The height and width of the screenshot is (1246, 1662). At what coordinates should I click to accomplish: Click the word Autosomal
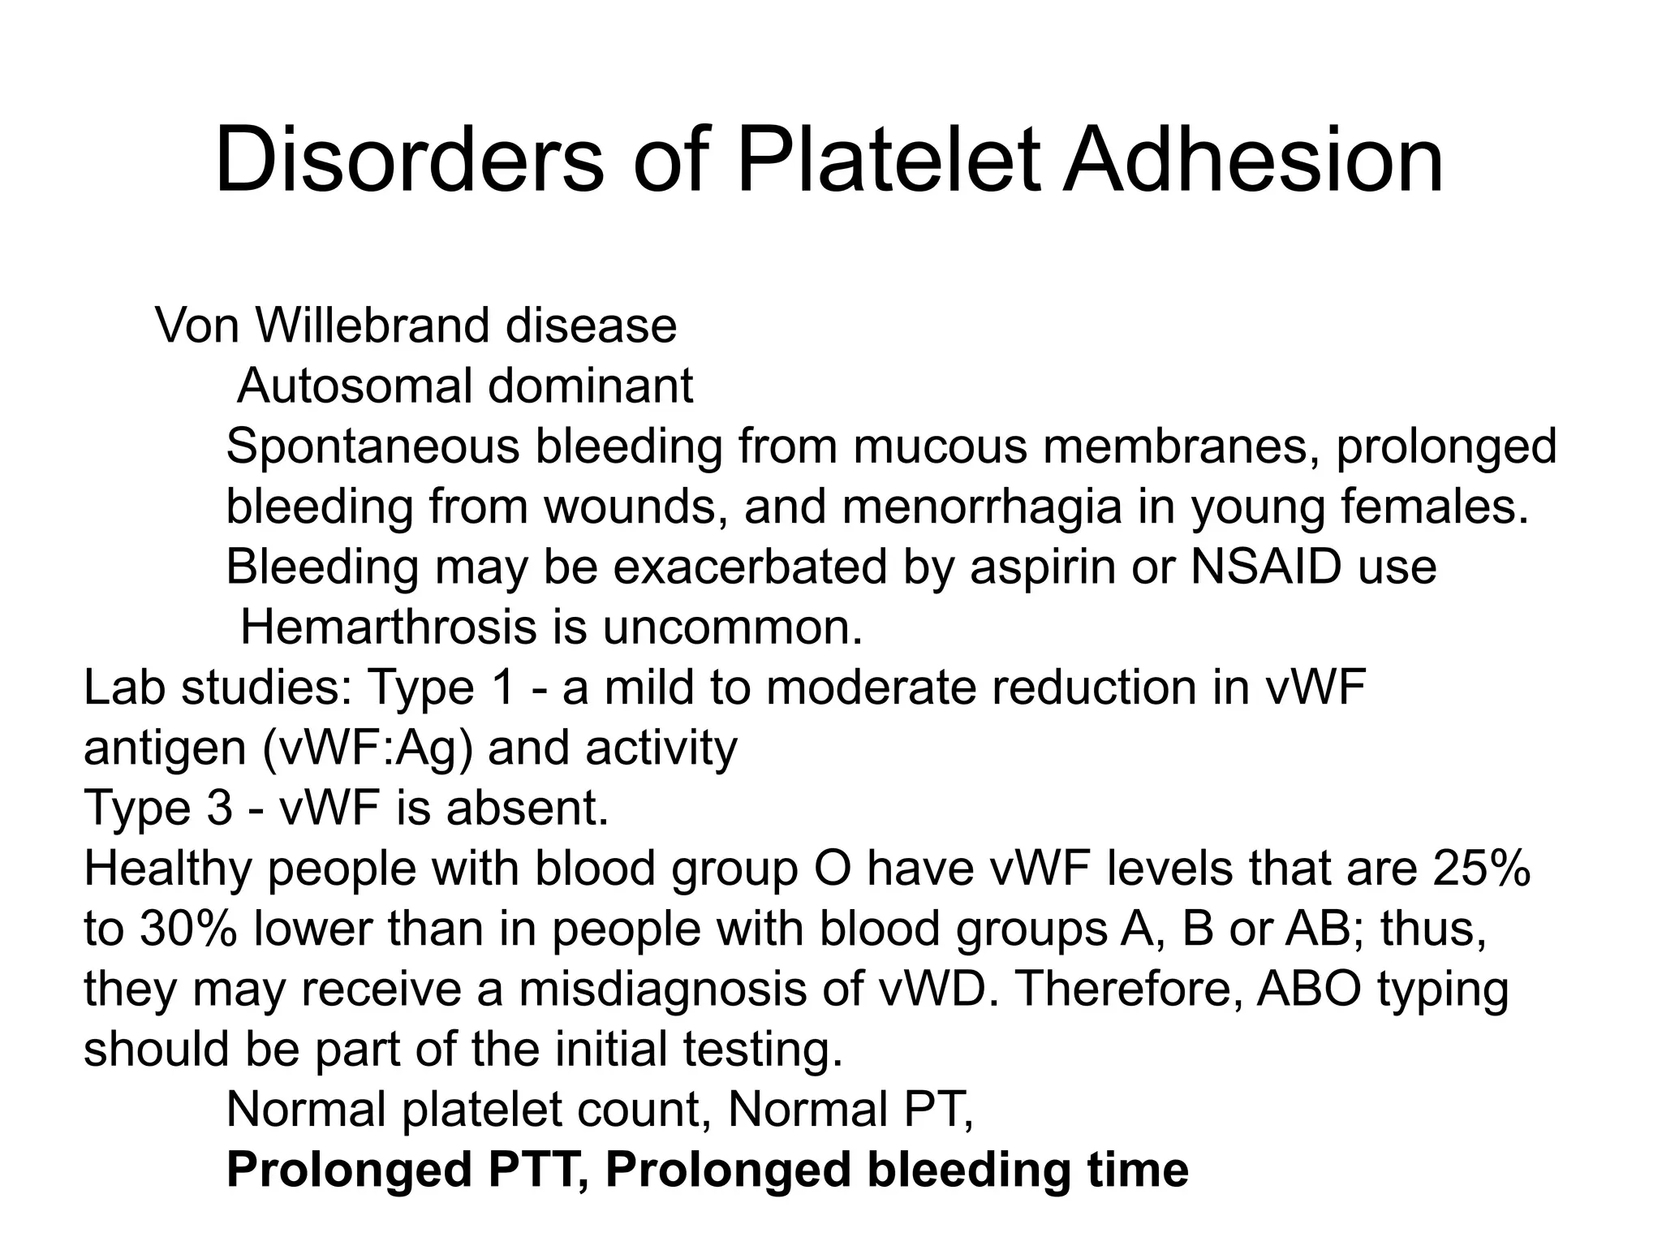click(x=355, y=386)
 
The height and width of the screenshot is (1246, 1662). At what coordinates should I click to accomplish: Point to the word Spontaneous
click(x=372, y=446)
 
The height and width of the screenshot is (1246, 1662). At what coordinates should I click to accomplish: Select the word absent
click(x=527, y=808)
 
